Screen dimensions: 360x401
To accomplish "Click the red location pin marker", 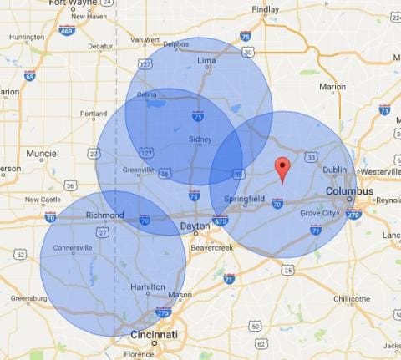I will pos(282,168).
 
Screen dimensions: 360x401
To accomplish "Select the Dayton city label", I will pos(195,226).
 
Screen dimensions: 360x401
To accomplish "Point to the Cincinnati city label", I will pos(155,334).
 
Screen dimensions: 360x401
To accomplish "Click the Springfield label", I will pos(245,199).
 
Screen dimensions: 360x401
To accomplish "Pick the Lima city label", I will pos(206,61).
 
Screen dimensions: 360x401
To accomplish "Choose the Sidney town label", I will pos(200,139).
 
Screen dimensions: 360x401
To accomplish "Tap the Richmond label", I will pos(104,215).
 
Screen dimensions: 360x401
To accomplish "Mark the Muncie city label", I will pos(41,154).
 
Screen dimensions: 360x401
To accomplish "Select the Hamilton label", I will pos(148,286).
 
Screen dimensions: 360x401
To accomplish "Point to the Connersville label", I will pos(73,248).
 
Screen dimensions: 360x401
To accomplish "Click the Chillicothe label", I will pos(351,298).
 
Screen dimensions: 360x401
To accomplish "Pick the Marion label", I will pos(332,86).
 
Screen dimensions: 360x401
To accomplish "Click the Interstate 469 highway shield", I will pos(68,29).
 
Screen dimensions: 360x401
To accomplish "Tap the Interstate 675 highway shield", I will pos(221,221).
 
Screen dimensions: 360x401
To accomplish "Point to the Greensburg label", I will pos(28,298).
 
